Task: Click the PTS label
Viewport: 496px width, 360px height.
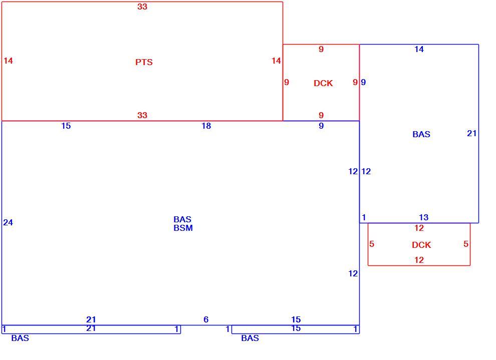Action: click(144, 62)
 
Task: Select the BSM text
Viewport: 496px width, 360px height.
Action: click(183, 228)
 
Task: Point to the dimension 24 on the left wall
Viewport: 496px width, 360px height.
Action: click(8, 222)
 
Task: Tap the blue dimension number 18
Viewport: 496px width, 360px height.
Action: click(206, 126)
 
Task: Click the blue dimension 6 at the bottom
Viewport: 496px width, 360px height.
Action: click(206, 319)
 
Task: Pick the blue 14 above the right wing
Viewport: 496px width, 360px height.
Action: click(419, 49)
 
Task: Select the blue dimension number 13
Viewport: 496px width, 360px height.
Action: click(423, 217)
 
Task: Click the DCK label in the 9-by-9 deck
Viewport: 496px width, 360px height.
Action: click(323, 83)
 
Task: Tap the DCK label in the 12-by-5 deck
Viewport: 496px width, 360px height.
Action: click(421, 245)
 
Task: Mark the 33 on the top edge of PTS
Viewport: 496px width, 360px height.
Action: click(142, 7)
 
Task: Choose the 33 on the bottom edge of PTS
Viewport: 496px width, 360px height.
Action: click(142, 115)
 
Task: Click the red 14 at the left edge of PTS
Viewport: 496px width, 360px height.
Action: click(8, 61)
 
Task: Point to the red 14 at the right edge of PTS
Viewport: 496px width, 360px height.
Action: click(276, 61)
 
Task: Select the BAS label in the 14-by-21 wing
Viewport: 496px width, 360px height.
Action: click(421, 134)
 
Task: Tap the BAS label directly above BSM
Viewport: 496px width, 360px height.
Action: click(182, 219)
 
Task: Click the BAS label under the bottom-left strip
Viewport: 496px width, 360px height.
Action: click(20, 338)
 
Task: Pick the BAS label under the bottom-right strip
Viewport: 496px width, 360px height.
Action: click(250, 338)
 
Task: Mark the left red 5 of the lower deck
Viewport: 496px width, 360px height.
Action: click(372, 244)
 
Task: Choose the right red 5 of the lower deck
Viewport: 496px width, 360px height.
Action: click(465, 244)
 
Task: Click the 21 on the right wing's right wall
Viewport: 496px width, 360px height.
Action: click(471, 133)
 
